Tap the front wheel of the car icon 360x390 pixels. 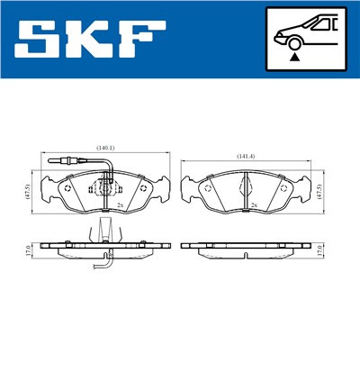tap(293, 41)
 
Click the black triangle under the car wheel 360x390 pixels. tap(293, 56)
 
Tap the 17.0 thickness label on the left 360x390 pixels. tap(30, 249)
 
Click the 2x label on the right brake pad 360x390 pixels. tap(255, 206)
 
